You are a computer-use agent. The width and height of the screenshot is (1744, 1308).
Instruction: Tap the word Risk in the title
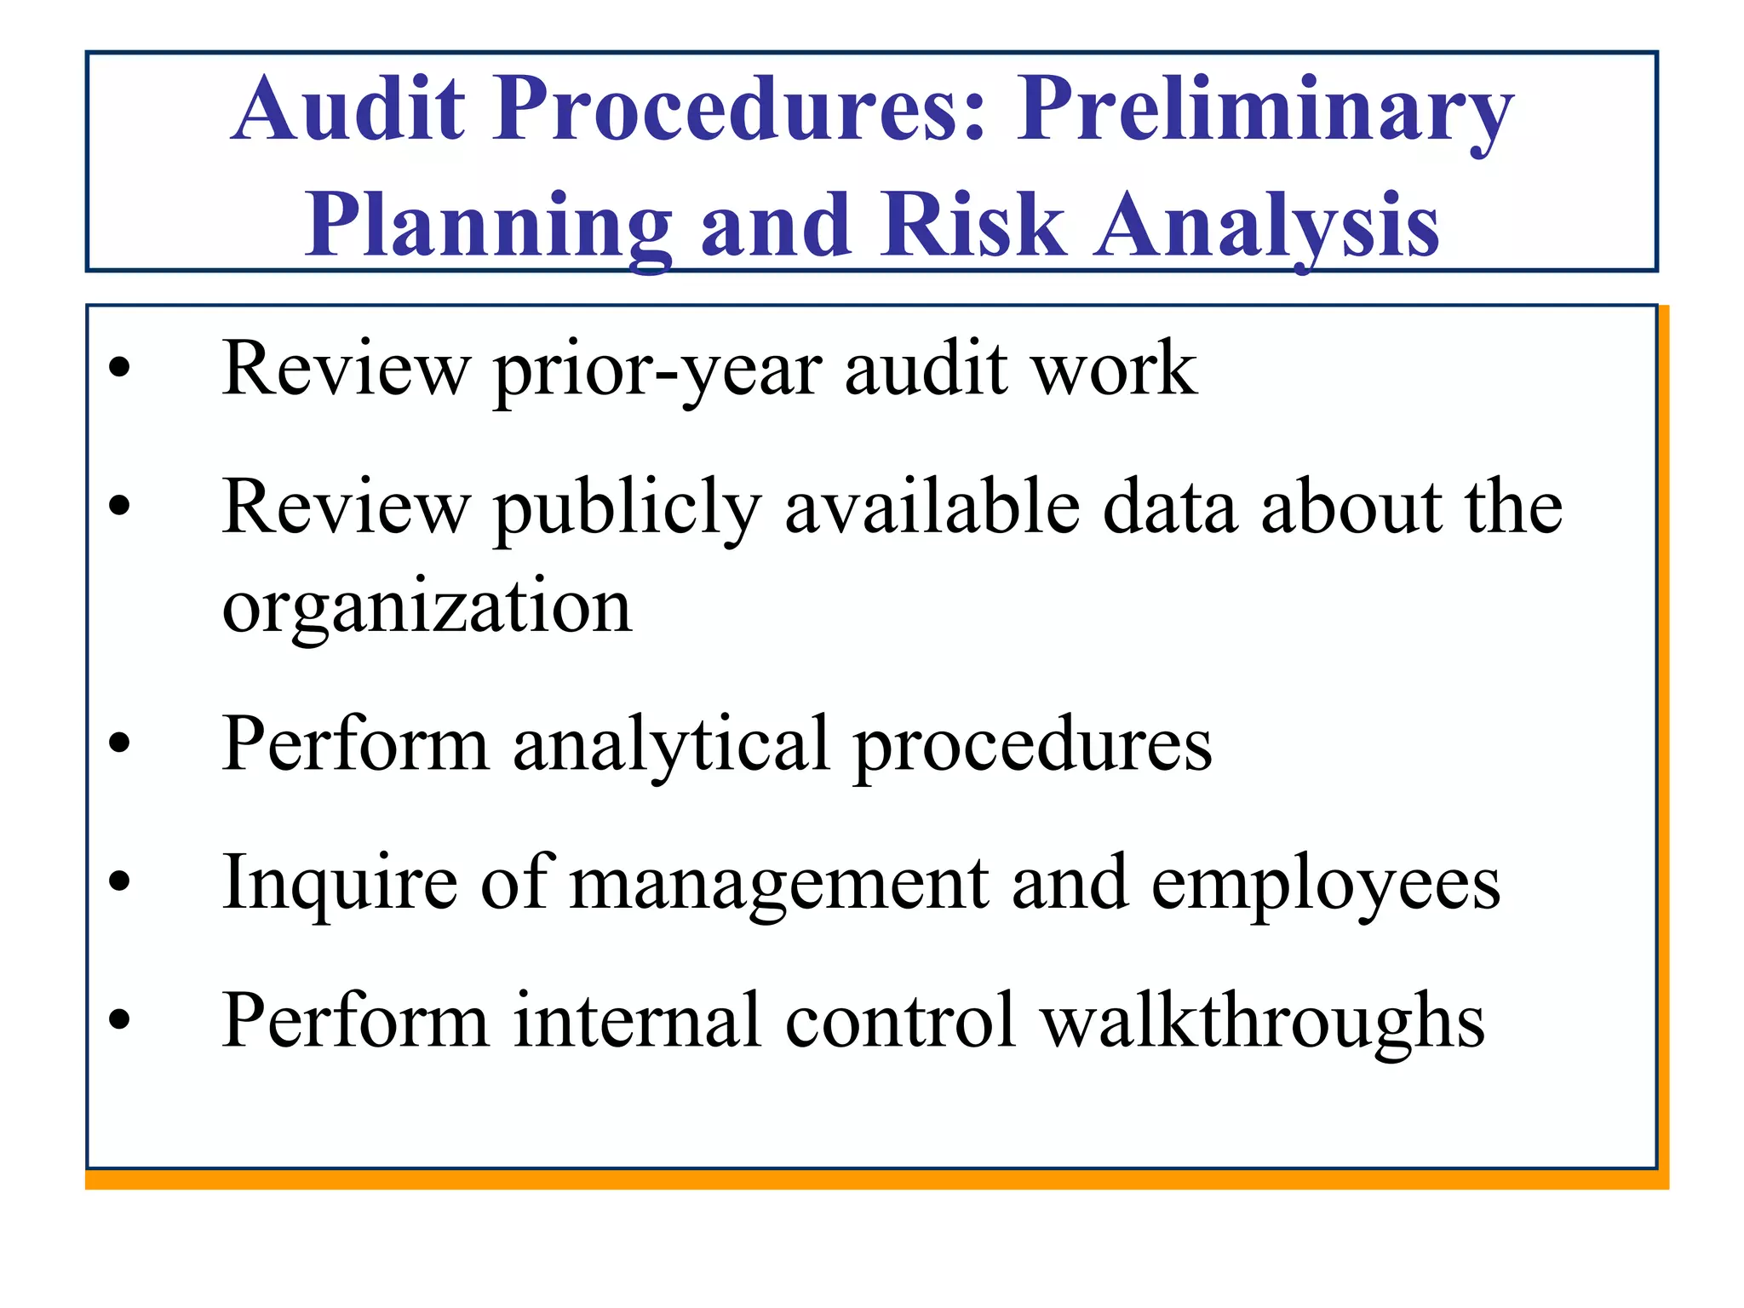pyautogui.click(x=972, y=225)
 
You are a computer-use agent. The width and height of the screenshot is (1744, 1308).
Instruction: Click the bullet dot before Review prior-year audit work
pyautogui.click(x=120, y=369)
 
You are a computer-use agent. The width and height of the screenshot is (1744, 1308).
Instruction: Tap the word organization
pyautogui.click(x=427, y=609)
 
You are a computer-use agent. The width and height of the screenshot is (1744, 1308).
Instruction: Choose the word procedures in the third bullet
pyautogui.click(x=1033, y=746)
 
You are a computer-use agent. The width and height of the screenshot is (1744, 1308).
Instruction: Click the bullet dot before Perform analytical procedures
pyautogui.click(x=120, y=743)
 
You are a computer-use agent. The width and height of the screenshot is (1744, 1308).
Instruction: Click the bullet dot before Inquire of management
pyautogui.click(x=120, y=881)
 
